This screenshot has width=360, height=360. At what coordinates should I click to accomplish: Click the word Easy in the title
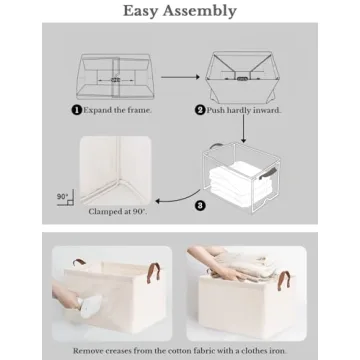[x=142, y=11]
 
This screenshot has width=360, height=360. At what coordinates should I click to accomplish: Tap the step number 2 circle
[x=200, y=110]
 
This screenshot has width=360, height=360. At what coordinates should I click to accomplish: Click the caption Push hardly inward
[x=243, y=110]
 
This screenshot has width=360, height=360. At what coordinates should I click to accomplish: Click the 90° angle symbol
[x=64, y=198]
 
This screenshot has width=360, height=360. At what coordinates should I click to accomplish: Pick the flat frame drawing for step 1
[x=115, y=74]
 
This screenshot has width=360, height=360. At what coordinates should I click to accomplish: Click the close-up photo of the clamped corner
[x=116, y=169]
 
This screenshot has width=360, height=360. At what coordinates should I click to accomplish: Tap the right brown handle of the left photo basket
[x=157, y=276]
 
